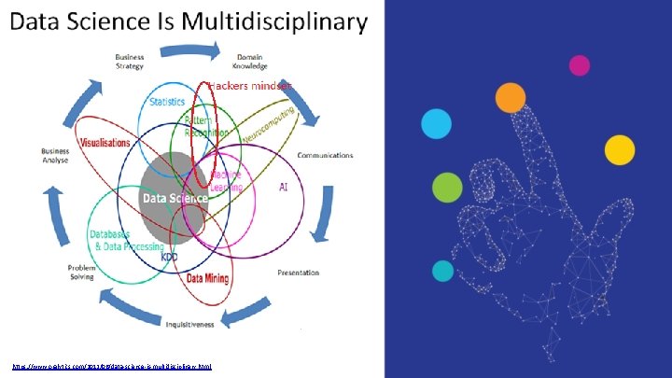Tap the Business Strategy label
130,62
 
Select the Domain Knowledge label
251,62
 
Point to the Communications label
325,155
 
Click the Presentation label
298,273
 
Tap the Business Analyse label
55,155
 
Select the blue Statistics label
166,102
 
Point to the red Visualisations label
105,143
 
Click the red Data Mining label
209,277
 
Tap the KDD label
169,257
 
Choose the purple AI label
283,187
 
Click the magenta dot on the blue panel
580,65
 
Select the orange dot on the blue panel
510,97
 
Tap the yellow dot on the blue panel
619,149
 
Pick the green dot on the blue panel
447,188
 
